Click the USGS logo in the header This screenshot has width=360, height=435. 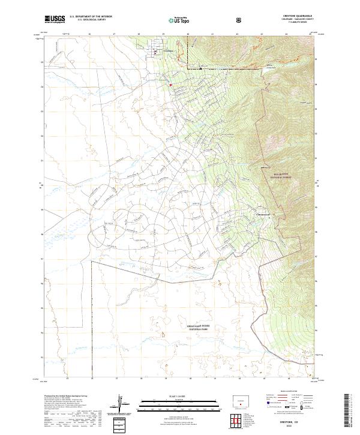click(55, 19)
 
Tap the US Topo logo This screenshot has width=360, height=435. click(174, 19)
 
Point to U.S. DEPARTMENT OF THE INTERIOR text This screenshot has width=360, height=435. click(91, 17)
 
